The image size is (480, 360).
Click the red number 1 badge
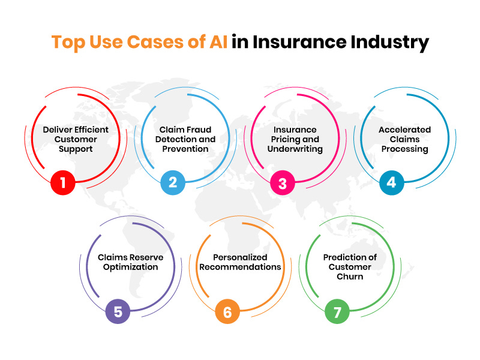pos(63,182)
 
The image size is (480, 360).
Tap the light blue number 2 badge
pos(173,182)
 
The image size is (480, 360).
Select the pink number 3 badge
pos(282,182)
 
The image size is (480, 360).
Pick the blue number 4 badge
pos(391,182)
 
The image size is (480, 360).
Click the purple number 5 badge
pos(118,312)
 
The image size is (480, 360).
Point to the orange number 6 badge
pos(227,312)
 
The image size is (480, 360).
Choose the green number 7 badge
pos(337,312)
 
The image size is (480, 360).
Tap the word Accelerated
pos(404,130)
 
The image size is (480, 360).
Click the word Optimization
pos(130,267)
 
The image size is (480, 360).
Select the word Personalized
pos(240,257)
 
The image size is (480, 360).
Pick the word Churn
pos(350,277)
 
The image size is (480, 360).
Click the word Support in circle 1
pos(76,149)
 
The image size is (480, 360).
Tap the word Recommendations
pos(240,267)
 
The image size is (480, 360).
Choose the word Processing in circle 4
pos(404,149)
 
